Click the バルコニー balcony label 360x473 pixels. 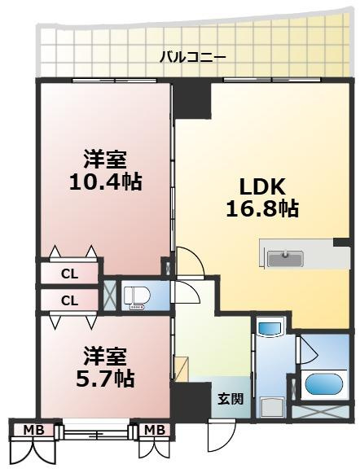pos(193,57)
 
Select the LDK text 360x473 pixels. pos(261,184)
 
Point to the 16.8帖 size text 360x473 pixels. pos(261,208)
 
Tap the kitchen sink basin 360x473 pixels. pos(284,257)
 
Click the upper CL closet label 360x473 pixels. pos(70,274)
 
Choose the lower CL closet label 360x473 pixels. pos(70,300)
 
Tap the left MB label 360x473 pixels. pos(33,429)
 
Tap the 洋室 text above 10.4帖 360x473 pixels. pos(107,158)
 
